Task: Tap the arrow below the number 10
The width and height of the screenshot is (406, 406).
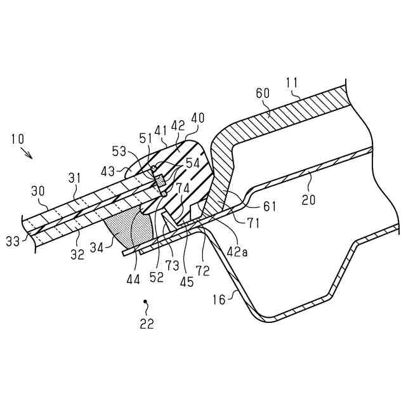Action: (26, 153)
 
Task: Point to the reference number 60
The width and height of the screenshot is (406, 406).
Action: (262, 93)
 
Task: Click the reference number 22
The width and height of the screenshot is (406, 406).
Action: (147, 323)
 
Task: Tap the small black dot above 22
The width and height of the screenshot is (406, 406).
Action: (145, 302)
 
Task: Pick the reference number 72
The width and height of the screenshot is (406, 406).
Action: (202, 271)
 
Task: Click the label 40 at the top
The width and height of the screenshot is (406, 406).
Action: (198, 119)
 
